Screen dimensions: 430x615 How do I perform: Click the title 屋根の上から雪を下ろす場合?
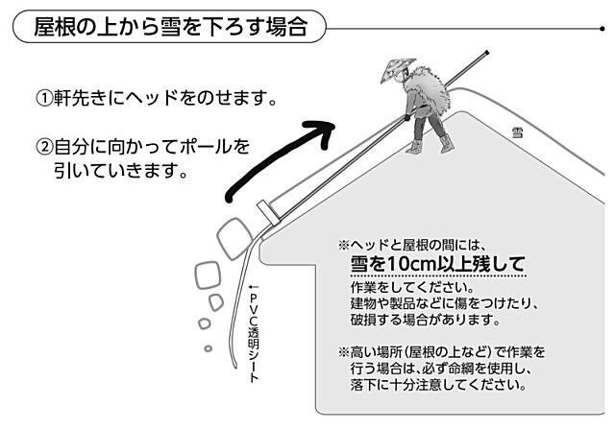pyautogui.click(x=170, y=27)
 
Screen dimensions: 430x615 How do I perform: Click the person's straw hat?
pyautogui.click(x=394, y=70)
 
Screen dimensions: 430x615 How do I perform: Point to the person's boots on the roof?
pyautogui.click(x=429, y=147)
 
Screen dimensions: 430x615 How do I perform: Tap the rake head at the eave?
pyautogui.click(x=266, y=212)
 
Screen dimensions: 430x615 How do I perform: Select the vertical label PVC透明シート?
pyautogui.click(x=254, y=332)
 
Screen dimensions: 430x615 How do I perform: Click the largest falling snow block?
pyautogui.click(x=234, y=237)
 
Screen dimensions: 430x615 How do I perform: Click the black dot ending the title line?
pyautogui.click(x=602, y=28)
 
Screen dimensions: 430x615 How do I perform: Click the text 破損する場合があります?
pyautogui.click(x=422, y=320)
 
